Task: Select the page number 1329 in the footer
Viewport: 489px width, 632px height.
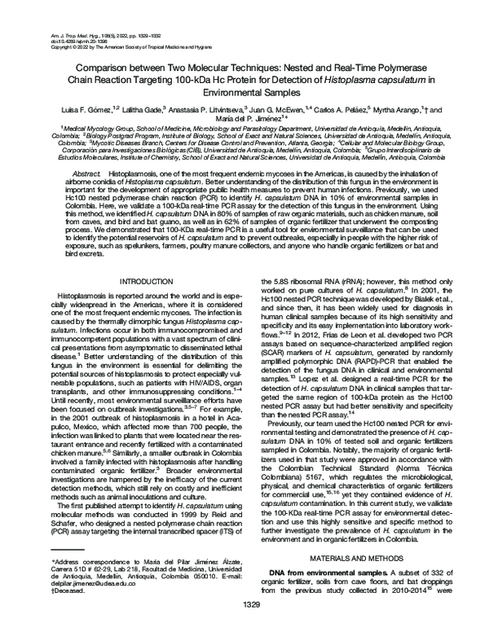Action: point(244,623)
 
